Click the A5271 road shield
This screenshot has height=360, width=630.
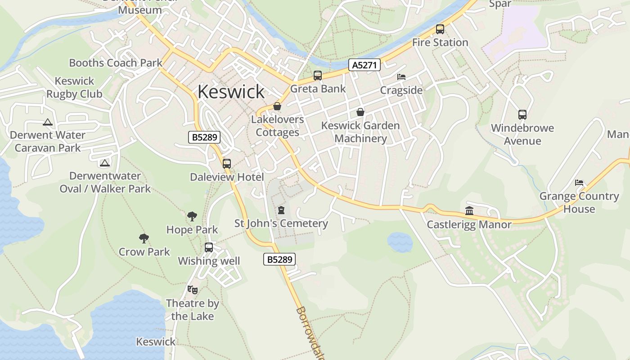(364, 65)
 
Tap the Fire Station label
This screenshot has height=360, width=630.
(440, 42)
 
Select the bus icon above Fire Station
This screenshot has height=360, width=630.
(440, 29)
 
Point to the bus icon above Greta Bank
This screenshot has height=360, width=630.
(318, 76)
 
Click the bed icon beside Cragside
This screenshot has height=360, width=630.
(401, 77)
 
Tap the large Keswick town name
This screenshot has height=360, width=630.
(231, 92)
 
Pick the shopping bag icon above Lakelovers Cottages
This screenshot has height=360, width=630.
(277, 107)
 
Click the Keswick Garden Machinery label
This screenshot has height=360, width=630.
(360, 132)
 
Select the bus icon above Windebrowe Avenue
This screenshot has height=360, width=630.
(522, 114)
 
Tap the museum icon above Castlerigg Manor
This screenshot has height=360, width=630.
(469, 211)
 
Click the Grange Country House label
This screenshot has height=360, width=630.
(579, 202)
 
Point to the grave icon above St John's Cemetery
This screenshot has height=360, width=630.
(281, 210)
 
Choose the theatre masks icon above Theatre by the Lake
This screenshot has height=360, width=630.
(193, 289)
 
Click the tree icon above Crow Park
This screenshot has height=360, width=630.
(144, 238)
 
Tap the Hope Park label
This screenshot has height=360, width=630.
(192, 229)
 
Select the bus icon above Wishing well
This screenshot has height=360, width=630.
(209, 247)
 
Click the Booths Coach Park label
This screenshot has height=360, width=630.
(116, 63)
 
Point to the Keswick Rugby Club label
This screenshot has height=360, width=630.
(74, 88)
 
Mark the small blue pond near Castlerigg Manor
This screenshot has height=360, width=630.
(400, 242)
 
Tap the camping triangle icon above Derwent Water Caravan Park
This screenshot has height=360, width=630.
(48, 122)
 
